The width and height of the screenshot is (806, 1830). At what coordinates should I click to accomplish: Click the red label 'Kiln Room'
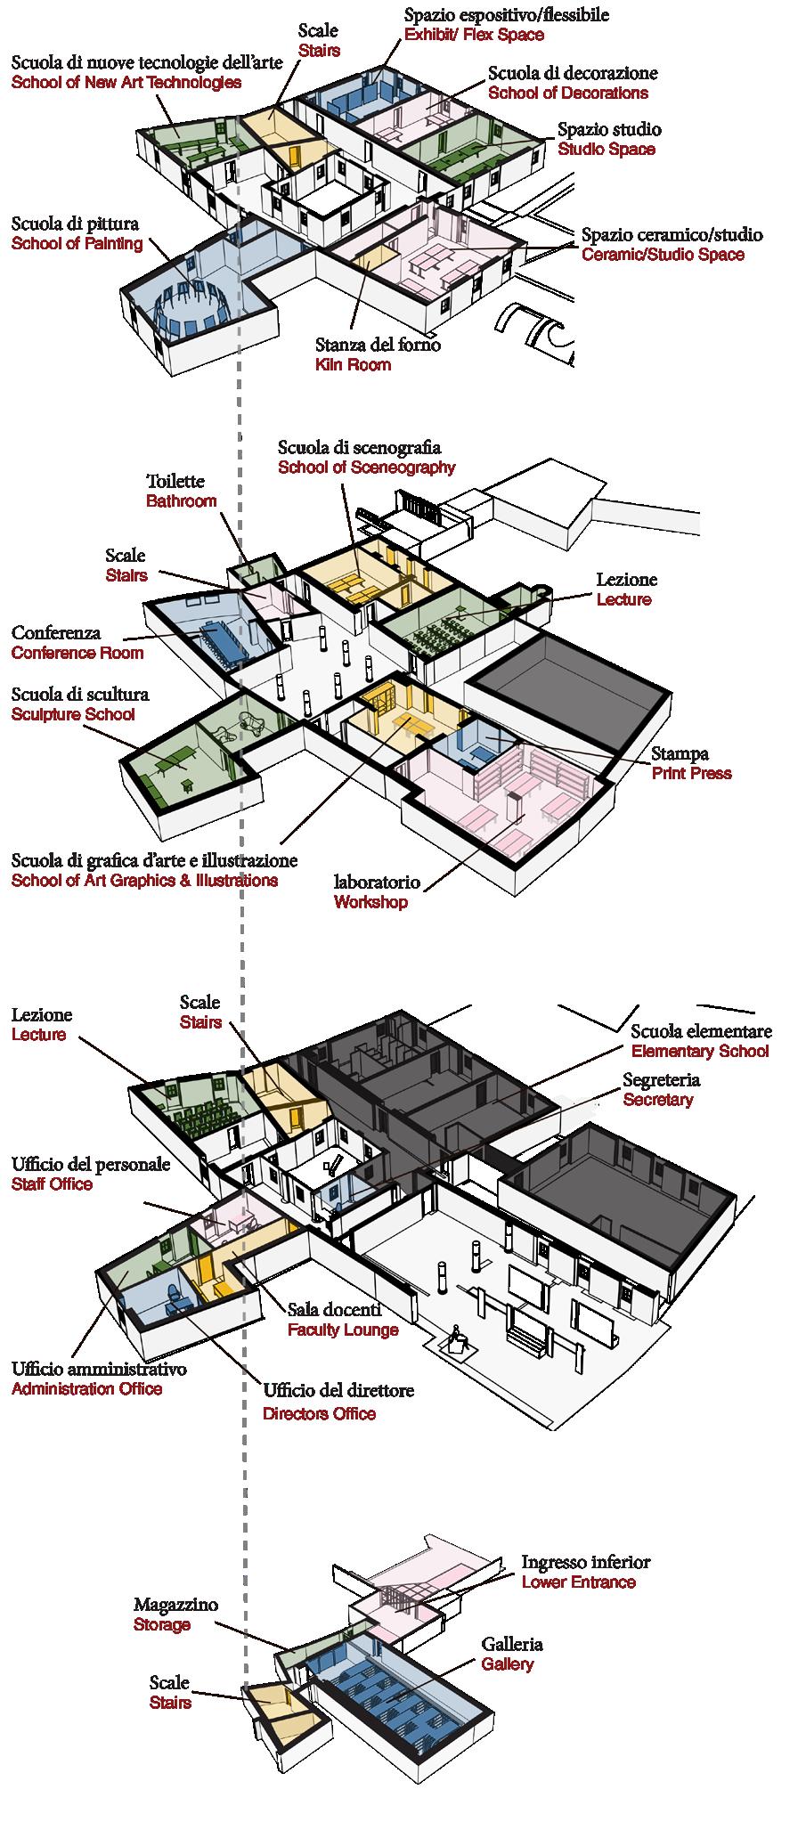[x=353, y=365]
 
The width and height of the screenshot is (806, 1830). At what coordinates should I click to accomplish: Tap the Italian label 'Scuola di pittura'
[x=75, y=224]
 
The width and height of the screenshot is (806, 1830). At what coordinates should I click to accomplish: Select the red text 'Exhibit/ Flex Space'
[x=474, y=36]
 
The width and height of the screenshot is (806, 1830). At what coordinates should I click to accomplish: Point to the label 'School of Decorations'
[x=568, y=93]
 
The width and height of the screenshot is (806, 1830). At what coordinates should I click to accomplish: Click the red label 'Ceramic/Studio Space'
[x=663, y=255]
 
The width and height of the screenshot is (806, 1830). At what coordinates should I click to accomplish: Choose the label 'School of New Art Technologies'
[x=126, y=83]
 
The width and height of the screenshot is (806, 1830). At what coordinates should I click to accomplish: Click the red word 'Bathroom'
[x=181, y=501]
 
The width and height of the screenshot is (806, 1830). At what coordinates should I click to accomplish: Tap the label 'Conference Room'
[x=77, y=654]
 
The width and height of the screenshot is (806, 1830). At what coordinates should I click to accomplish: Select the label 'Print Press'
[x=691, y=774]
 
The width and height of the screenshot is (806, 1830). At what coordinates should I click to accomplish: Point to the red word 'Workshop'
[x=370, y=903]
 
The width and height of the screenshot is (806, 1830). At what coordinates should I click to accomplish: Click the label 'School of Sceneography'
[x=366, y=468]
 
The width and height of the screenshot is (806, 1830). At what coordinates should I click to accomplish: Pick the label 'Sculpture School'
[x=73, y=715]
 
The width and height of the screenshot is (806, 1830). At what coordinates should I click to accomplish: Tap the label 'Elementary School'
[x=700, y=1052]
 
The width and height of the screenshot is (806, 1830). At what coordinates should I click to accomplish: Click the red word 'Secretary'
[x=657, y=1101]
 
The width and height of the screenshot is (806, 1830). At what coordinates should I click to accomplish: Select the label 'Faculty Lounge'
[x=343, y=1330]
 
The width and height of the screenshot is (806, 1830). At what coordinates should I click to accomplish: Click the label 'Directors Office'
[x=319, y=1414]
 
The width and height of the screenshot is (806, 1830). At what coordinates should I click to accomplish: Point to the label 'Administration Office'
[x=87, y=1389]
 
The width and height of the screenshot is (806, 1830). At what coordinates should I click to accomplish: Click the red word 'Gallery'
[x=508, y=1664]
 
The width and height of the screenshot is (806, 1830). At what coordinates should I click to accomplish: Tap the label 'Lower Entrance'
[x=579, y=1582]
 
